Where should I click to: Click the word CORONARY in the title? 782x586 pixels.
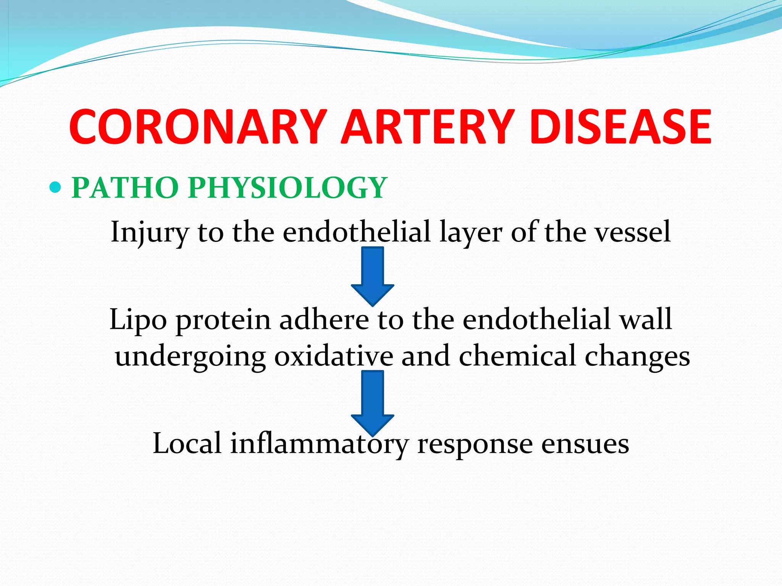tap(197, 127)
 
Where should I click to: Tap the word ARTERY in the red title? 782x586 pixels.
tap(427, 127)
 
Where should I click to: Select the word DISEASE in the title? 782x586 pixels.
tap(620, 127)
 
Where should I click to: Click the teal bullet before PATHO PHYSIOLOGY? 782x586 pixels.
tap(55, 187)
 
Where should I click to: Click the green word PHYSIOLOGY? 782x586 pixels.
tap(287, 188)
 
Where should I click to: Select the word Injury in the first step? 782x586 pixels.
tap(149, 233)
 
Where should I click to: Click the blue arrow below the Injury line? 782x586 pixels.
tap(372, 275)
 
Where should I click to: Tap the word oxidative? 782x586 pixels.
tap(333, 356)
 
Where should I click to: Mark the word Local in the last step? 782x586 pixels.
tap(187, 443)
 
